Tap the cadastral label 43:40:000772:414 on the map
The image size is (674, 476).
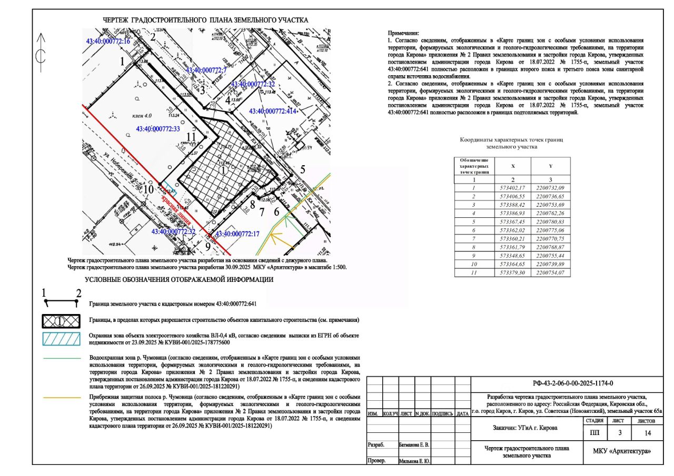(273, 111)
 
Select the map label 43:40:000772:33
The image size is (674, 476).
(158, 128)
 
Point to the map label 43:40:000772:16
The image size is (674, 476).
(107, 41)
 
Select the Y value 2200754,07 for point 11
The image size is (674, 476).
(549, 272)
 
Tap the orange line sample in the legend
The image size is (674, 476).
(61, 398)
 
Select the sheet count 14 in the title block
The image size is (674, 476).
(647, 433)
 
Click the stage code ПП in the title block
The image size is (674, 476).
(594, 433)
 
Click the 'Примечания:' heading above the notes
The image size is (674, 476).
(404, 33)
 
